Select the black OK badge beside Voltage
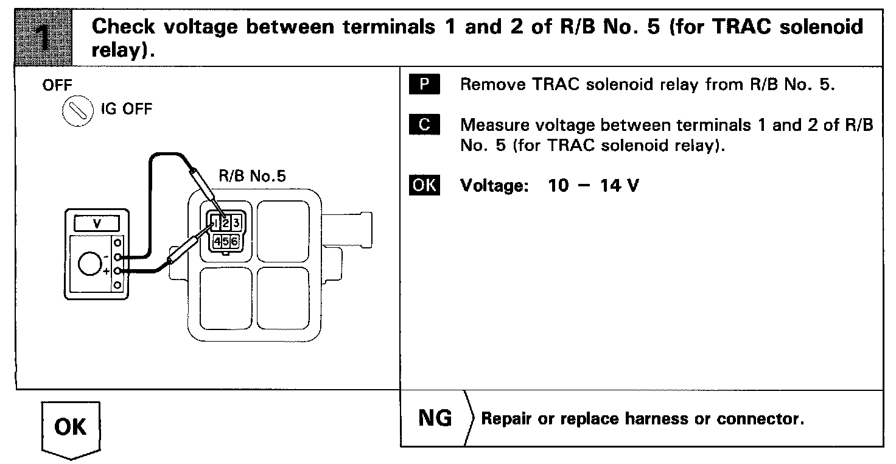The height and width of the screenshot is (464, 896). (424, 185)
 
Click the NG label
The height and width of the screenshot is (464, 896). (435, 418)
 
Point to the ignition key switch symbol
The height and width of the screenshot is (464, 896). (75, 111)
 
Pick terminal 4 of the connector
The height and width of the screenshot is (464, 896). (217, 242)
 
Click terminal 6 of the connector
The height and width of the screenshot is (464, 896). (234, 242)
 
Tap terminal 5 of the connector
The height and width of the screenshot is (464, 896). (226, 242)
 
